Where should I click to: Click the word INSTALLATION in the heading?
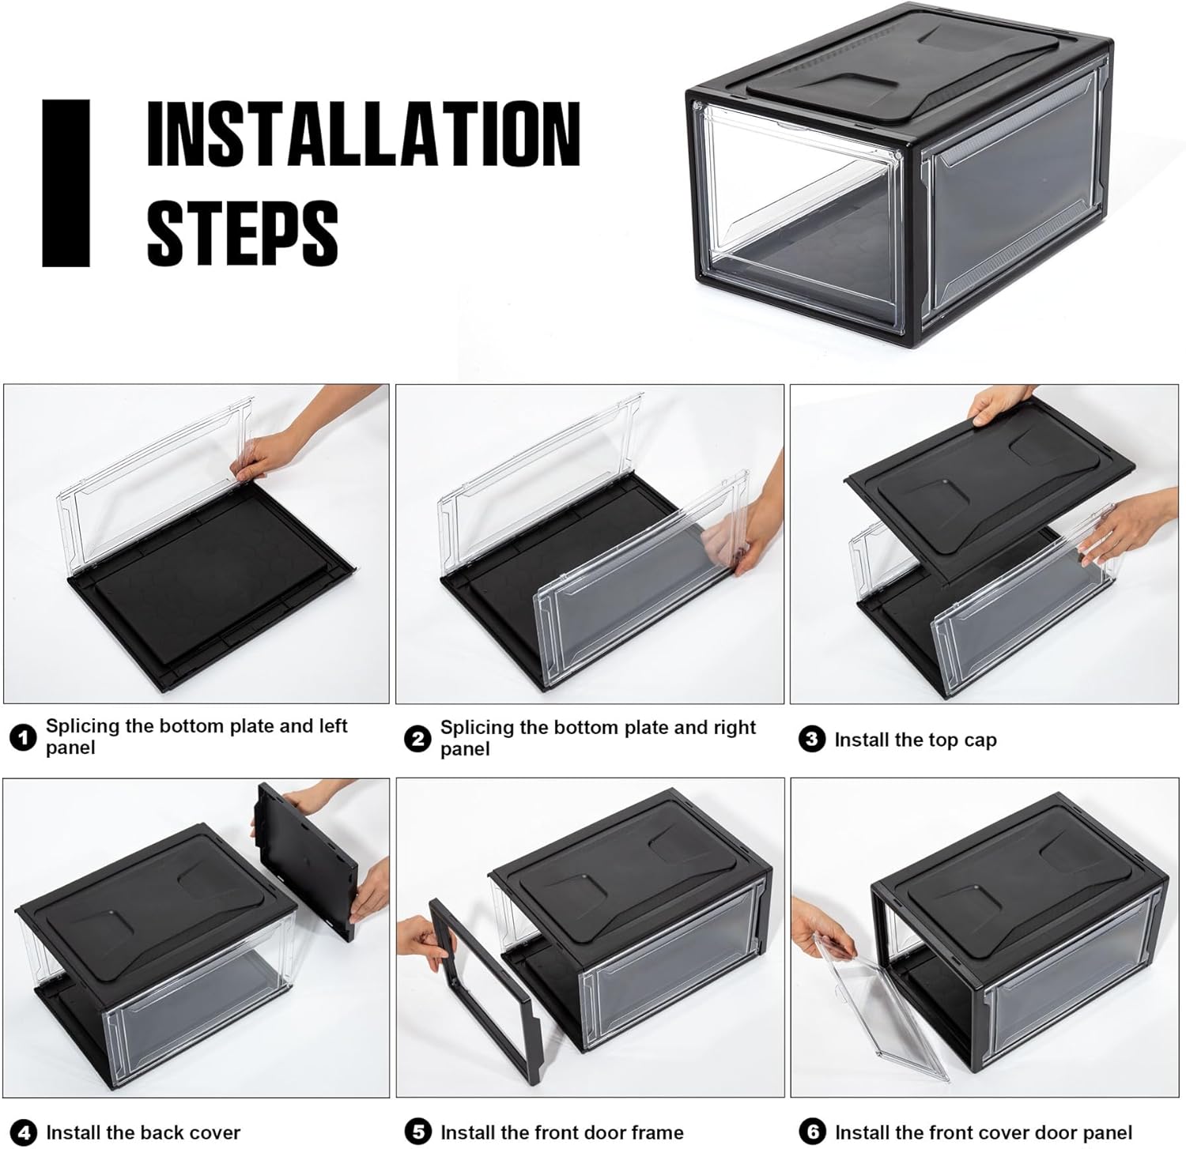(x=364, y=134)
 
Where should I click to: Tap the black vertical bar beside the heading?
(x=66, y=183)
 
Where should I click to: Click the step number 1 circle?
(x=23, y=738)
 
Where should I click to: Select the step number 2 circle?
(x=417, y=739)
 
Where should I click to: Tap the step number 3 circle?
(x=812, y=740)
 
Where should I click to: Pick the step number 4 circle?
(x=23, y=1132)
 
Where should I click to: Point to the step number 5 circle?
(x=417, y=1132)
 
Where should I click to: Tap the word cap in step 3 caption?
(x=980, y=741)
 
